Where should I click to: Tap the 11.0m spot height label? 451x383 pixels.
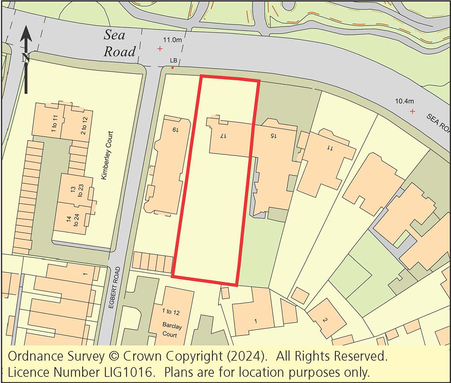[172, 40]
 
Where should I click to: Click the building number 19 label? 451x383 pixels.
[175, 130]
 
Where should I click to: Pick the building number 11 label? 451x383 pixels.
[329, 148]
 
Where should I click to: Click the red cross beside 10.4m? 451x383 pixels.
[412, 112]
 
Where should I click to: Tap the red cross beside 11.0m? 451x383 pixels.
[159, 49]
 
